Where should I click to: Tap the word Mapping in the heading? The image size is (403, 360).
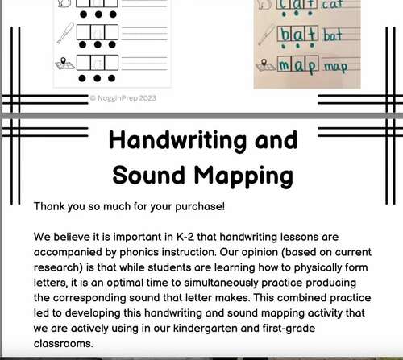244,176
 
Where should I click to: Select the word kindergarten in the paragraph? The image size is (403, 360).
239,329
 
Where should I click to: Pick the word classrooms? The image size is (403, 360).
66,345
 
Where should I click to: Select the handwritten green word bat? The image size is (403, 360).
333,36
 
